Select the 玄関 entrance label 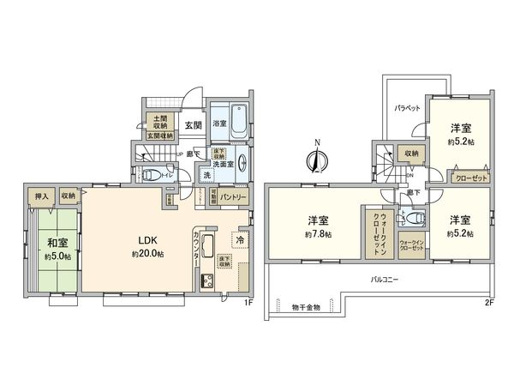(x=192, y=124)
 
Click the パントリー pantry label (x=233, y=197)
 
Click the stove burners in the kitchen (x=206, y=280)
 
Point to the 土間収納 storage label (x=159, y=121)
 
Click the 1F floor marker (x=249, y=302)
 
